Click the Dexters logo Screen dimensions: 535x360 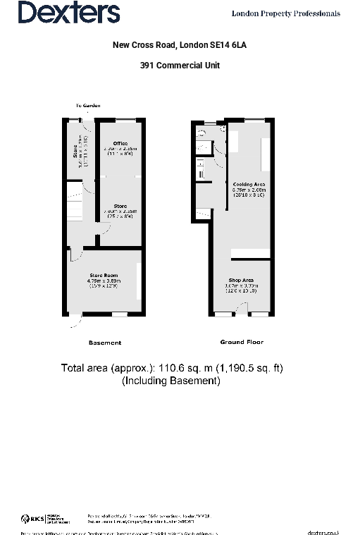point(68,12)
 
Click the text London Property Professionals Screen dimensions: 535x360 point(286,13)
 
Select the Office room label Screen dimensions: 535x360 point(120,144)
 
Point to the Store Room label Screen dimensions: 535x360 point(104,275)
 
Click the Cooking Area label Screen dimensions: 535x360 point(249,185)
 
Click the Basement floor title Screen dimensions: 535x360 point(105,343)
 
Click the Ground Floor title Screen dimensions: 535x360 point(242,342)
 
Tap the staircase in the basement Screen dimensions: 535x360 point(75,201)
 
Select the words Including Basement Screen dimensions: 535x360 point(171,381)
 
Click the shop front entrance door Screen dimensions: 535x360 point(241,309)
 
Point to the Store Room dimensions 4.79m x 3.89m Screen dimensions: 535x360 point(104,281)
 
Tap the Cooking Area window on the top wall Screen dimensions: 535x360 point(256,121)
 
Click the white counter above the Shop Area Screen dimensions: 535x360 point(251,254)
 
